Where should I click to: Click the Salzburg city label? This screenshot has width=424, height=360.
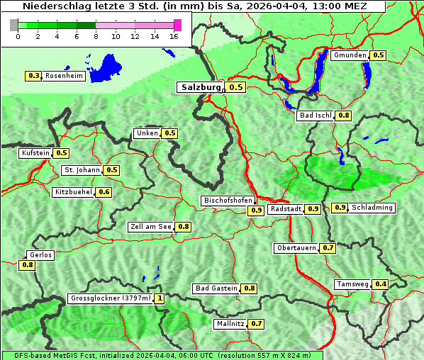[200, 87]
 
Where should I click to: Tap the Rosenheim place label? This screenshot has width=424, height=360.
[63, 76]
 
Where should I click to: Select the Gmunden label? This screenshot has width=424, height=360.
[350, 55]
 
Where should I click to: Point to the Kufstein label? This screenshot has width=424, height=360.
[35, 153]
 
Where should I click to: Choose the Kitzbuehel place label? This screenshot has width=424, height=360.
[73, 192]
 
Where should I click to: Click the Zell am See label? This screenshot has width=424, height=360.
[151, 227]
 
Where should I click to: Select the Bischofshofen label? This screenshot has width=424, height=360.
[228, 201]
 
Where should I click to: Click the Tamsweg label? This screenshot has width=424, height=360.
[353, 284]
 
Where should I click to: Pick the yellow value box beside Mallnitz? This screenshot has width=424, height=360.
[256, 324]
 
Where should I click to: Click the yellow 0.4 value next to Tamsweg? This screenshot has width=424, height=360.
[381, 284]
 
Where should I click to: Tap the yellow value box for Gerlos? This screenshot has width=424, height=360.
[28, 265]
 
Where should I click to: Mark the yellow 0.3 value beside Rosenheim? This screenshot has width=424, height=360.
[33, 76]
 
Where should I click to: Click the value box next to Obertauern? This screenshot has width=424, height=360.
[328, 248]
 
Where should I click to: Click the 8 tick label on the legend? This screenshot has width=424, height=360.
[96, 36]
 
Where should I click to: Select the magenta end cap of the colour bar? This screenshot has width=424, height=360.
[177, 25]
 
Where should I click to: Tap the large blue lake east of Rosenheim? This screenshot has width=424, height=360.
[106, 68]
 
